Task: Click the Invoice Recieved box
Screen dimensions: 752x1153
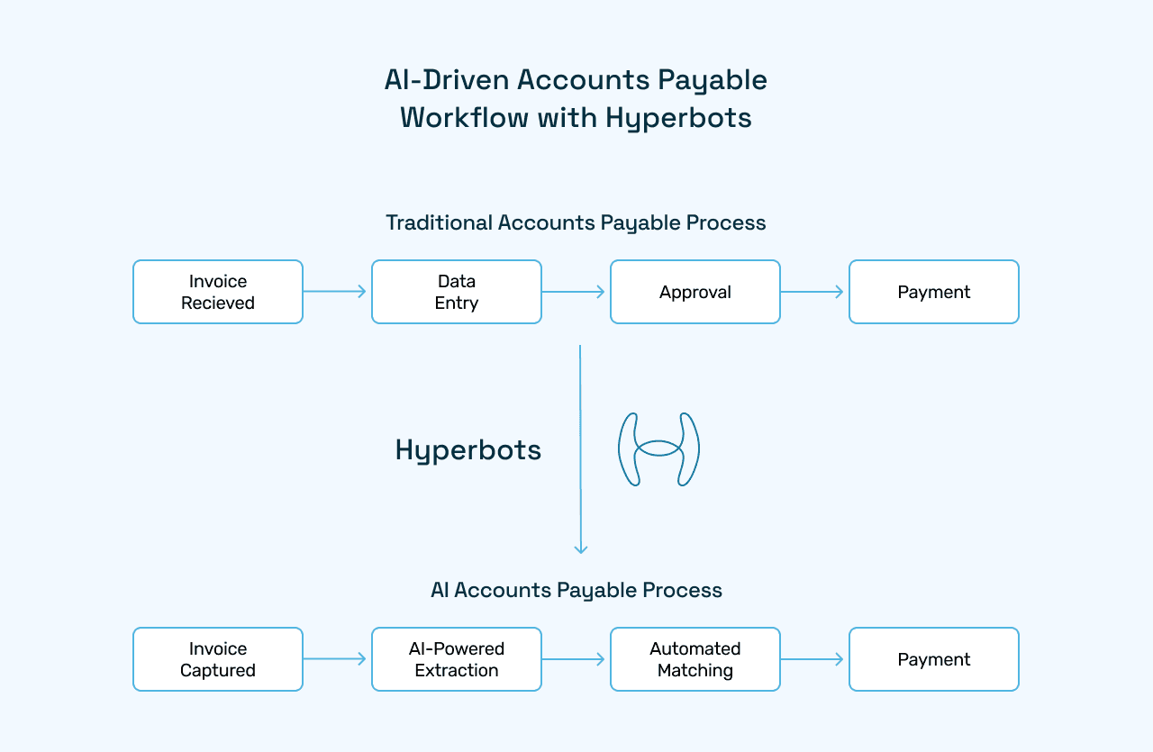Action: tap(218, 292)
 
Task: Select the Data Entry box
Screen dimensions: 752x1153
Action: tap(457, 292)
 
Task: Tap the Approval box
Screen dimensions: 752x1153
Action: tap(695, 292)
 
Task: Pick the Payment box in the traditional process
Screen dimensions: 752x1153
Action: tap(934, 292)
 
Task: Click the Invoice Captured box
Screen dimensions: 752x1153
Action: tap(218, 659)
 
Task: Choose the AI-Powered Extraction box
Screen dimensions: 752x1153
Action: tap(457, 659)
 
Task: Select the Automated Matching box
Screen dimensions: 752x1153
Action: tap(695, 659)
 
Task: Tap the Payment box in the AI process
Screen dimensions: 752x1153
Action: tap(934, 659)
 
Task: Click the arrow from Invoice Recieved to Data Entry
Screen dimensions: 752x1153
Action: tap(336, 292)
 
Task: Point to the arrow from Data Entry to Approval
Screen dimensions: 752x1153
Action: tap(575, 292)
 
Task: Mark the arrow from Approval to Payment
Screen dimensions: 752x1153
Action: tap(813, 292)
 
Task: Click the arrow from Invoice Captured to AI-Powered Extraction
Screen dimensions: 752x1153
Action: tap(336, 659)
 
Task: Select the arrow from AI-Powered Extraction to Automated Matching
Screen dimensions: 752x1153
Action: tap(575, 659)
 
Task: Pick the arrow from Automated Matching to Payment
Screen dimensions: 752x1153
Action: tap(813, 659)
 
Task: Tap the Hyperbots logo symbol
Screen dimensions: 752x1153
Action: tap(658, 449)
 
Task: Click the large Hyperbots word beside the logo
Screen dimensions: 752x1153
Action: tap(468, 450)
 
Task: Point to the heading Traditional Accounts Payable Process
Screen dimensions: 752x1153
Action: tap(576, 222)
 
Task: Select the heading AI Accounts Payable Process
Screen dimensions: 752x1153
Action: tap(576, 590)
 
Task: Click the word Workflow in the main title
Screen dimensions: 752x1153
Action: tap(465, 118)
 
